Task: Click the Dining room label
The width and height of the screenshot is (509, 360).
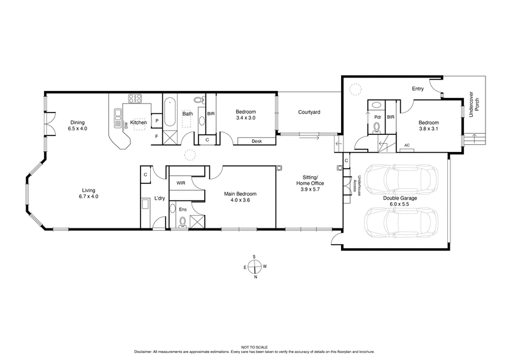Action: (77, 125)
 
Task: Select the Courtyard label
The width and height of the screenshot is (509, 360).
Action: (309, 113)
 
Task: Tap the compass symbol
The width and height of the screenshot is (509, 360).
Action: (254, 267)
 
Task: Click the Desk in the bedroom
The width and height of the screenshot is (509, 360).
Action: (257, 141)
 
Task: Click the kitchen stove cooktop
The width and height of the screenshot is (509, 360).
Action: (135, 99)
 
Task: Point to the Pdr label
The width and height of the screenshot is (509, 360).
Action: (378, 117)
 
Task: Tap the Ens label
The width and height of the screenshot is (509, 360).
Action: (181, 208)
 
